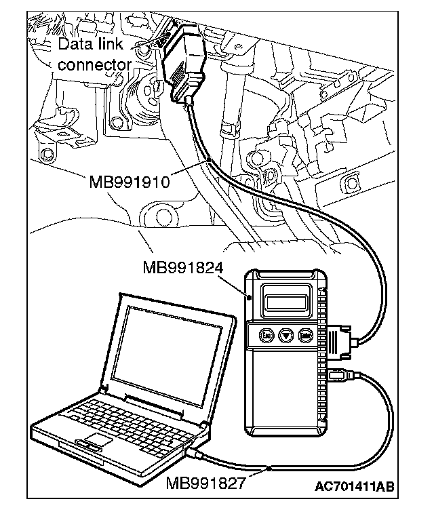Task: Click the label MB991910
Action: pyautogui.click(x=130, y=182)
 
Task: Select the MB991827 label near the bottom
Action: pyautogui.click(x=206, y=485)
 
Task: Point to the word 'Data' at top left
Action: pyautogui.click(x=71, y=45)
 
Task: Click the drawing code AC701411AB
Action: pyautogui.click(x=354, y=487)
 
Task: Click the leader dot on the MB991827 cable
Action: pyautogui.click(x=269, y=468)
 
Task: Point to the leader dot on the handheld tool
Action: pyautogui.click(x=252, y=297)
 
